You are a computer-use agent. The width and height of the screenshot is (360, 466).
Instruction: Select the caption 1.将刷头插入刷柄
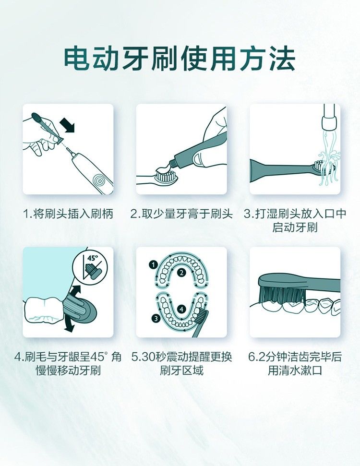(68, 214)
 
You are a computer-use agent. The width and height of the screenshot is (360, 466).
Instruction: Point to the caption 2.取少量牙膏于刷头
(181, 214)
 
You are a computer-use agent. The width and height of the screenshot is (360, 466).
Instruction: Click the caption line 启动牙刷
(295, 227)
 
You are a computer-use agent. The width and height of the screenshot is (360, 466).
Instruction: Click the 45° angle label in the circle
(93, 258)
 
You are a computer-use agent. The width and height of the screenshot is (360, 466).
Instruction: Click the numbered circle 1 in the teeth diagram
(153, 265)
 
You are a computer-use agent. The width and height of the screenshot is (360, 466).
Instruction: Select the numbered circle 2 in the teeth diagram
(181, 273)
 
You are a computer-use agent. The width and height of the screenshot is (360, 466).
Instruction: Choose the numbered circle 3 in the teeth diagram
(156, 319)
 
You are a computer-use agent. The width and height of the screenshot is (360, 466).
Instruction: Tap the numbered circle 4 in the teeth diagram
(181, 309)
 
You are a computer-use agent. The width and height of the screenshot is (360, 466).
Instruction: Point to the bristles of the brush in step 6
(283, 295)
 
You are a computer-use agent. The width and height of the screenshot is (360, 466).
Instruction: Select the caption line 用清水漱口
(295, 370)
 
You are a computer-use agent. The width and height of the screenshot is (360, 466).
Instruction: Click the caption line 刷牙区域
(181, 370)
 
